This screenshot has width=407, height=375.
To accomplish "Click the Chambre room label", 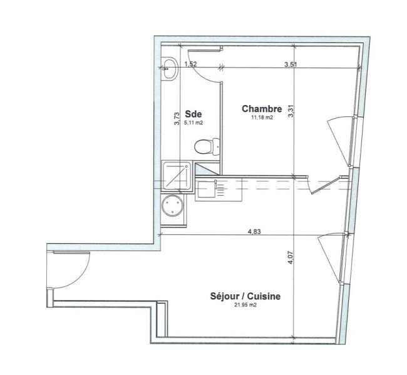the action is (262, 109).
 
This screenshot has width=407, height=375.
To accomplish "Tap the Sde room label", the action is (193, 114).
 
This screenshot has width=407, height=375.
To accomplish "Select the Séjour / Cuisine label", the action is (245, 296).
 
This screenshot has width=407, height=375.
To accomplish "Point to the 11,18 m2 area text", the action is (262, 117).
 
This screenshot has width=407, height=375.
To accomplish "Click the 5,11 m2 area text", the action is (193, 123).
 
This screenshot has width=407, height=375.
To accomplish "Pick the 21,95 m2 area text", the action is (245, 305).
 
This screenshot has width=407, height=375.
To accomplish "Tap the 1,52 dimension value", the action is (190, 64).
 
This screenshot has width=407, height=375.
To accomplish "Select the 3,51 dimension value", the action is (291, 64).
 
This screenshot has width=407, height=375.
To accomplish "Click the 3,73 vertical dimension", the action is (177, 118).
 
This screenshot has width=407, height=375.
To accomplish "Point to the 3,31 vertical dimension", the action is (291, 111).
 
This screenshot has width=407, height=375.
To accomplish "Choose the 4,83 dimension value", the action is (254, 231).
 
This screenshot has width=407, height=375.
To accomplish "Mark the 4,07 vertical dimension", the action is (291, 258).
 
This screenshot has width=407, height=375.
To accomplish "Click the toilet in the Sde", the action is (207, 147).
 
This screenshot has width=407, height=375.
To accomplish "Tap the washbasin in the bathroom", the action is (170, 68).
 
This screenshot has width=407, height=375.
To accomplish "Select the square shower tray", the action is (177, 176).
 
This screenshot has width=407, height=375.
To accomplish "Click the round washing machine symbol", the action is (172, 206).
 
